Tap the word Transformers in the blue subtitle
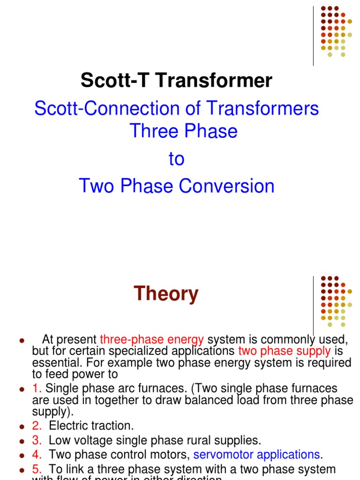click(263, 109)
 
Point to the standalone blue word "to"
click(176, 159)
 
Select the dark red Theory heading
click(166, 294)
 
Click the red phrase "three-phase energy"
click(152, 339)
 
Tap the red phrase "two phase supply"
click(285, 351)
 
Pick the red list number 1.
click(37, 389)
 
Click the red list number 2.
click(37, 426)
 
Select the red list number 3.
click(37, 440)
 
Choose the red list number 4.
click(37, 455)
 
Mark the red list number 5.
click(37, 469)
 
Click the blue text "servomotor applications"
click(256, 455)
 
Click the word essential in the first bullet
click(51, 363)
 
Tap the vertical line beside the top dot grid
click(313, 36)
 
